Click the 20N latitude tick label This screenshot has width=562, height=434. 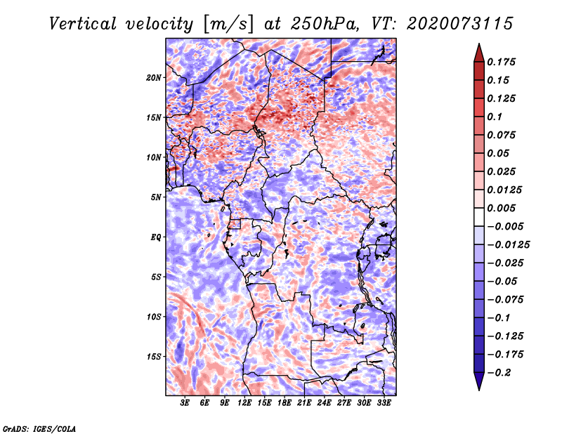click(x=154, y=77)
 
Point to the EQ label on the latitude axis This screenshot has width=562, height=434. click(x=156, y=237)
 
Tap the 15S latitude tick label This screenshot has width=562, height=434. click(x=154, y=357)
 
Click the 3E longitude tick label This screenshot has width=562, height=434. click(x=185, y=403)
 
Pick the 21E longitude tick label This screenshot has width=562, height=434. click(x=304, y=403)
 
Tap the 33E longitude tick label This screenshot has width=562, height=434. click(x=384, y=403)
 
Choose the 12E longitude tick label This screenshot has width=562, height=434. click(x=244, y=403)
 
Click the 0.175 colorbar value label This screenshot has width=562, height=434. click(x=502, y=62)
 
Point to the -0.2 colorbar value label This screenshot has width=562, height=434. click(x=504, y=372)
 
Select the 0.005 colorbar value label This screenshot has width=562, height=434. click(x=502, y=208)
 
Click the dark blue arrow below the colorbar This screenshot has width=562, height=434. click(x=478, y=383)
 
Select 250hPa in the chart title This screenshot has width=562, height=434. click(x=327, y=24)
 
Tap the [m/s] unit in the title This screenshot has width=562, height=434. click(x=225, y=24)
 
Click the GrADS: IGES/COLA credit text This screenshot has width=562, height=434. click(x=39, y=428)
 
